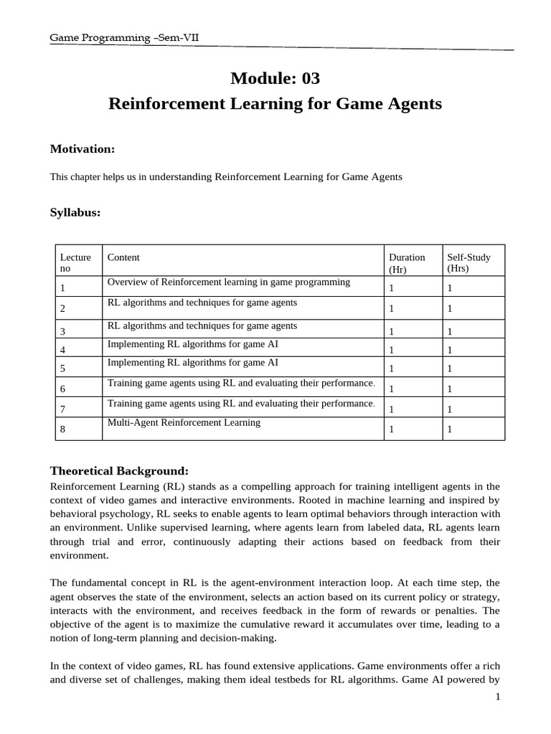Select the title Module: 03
point(275,78)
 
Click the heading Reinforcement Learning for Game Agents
point(275,104)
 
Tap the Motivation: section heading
point(83,148)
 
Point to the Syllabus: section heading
point(75,213)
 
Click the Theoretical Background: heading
point(119,471)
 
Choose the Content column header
point(123,257)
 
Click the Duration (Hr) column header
point(407,263)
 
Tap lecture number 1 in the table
point(63,288)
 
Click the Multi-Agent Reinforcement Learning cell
point(184,423)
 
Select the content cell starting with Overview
point(228,282)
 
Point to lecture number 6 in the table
point(63,389)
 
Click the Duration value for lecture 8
point(392,430)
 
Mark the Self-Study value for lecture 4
point(450,350)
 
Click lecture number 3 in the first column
point(63,332)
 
